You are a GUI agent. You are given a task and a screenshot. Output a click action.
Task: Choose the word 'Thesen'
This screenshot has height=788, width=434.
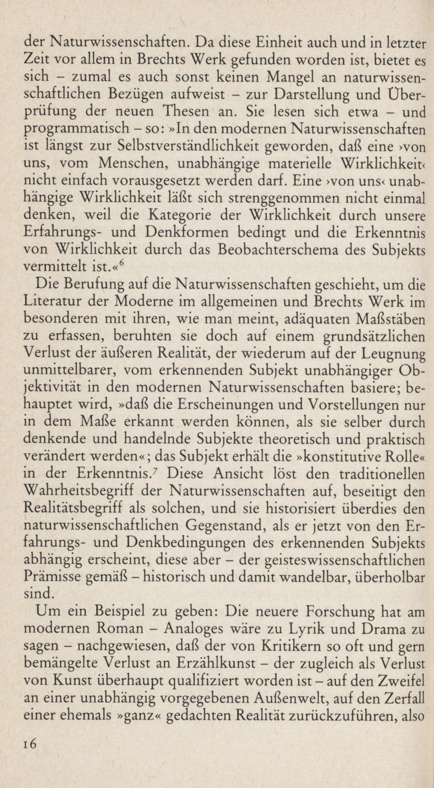(x=187, y=112)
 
